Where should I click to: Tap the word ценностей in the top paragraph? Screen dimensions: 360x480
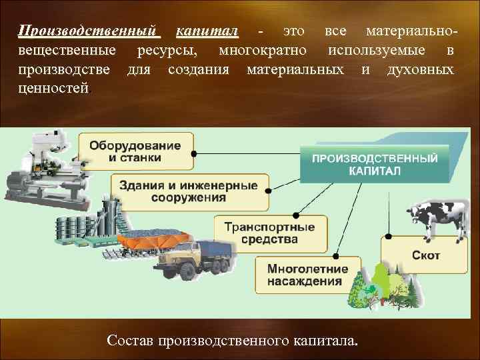click(x=53, y=88)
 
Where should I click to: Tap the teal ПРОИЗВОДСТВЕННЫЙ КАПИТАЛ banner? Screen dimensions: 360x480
click(x=375, y=164)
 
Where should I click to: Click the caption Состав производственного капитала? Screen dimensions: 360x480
click(x=232, y=341)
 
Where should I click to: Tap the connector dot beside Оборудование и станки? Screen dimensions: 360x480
click(x=193, y=152)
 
